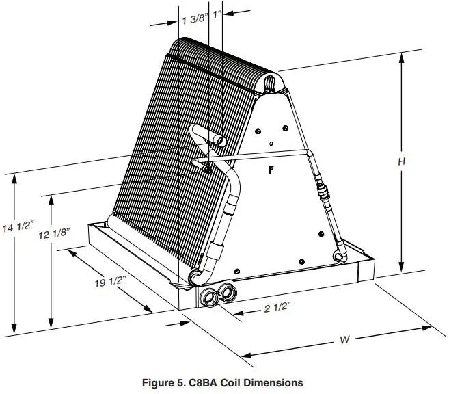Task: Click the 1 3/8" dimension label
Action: pyautogui.click(x=195, y=19)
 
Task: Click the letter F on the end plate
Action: pyautogui.click(x=271, y=170)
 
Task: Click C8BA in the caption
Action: pyautogui.click(x=206, y=383)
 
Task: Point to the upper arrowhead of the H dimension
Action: pyautogui.click(x=402, y=57)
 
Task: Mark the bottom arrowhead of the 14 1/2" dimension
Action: pyautogui.click(x=14, y=329)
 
